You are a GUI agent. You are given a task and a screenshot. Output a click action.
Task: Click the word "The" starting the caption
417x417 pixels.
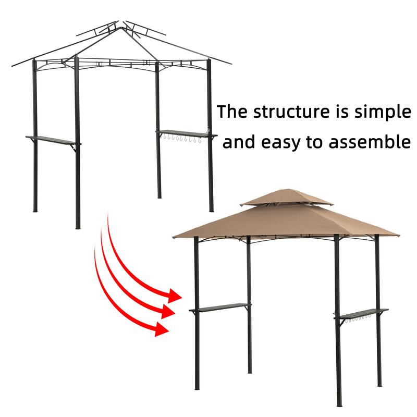pos(232,112)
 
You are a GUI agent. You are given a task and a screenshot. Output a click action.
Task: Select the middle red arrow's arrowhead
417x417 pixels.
pos(168,312)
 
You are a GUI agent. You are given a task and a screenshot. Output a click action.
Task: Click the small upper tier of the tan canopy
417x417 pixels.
pos(286,198)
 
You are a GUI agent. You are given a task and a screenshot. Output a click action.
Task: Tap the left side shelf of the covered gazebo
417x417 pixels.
pos(220,308)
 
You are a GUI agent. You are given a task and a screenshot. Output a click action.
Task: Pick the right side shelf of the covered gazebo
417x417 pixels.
pos(361,313)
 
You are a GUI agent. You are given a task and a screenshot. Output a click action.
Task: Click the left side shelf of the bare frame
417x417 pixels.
pos(52,139)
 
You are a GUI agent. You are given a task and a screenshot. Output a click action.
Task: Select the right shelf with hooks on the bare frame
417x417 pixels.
pos(186,134)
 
